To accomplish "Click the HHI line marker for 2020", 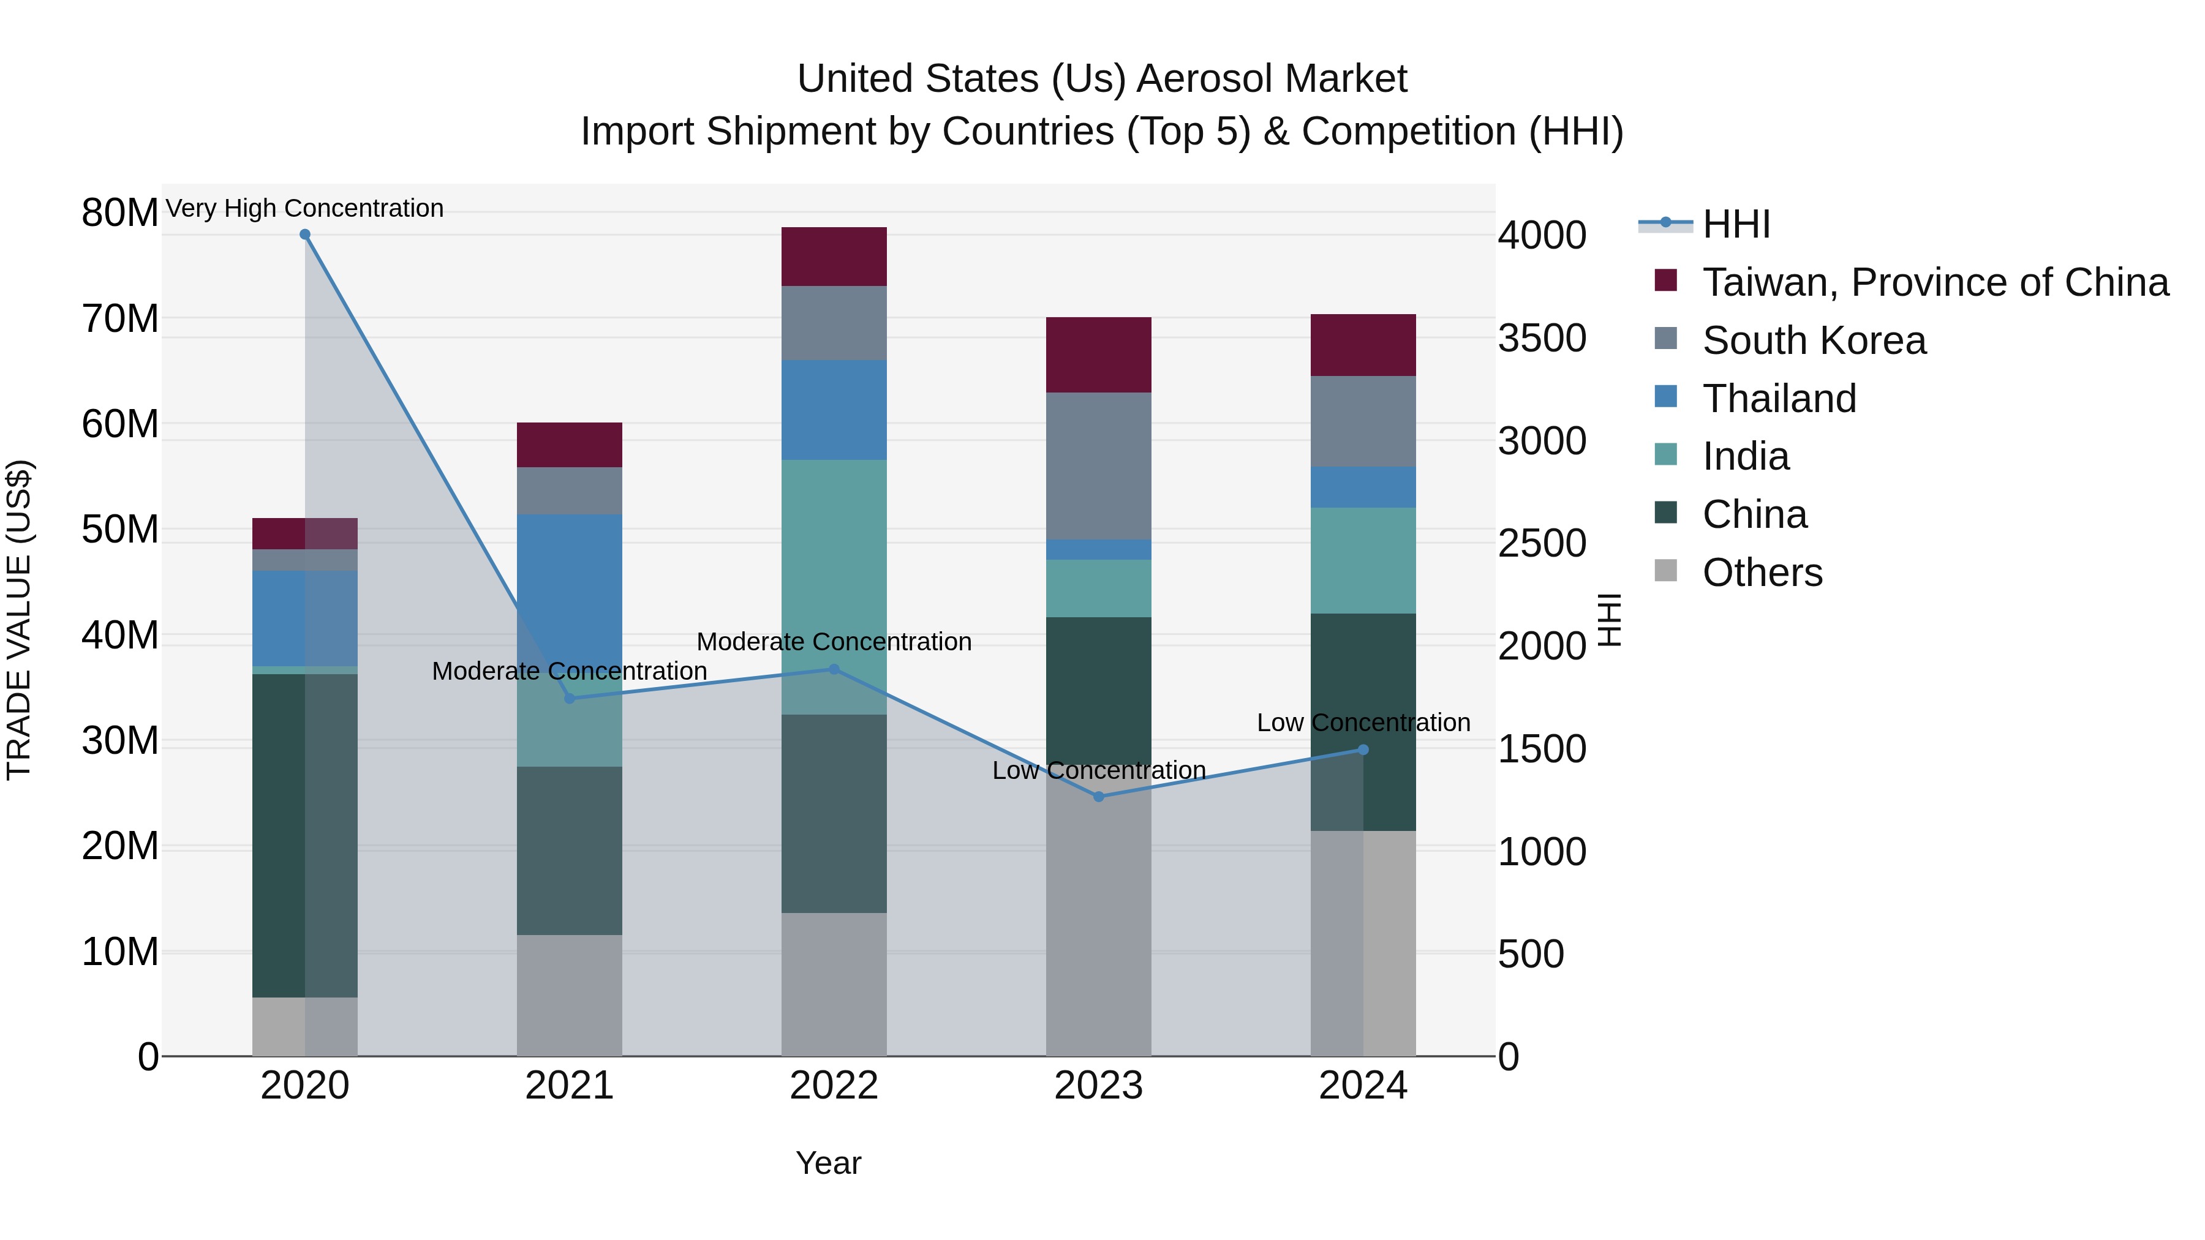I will coord(305,235).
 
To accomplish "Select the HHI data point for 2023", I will coord(1099,797).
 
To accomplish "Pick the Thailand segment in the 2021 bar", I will coord(569,582).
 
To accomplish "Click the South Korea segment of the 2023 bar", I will coord(1098,467).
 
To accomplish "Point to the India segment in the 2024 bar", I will coord(1363,560).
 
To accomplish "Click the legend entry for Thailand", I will coord(1779,399).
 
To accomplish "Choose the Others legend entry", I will coord(1762,573).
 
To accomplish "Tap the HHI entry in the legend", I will coord(1736,224).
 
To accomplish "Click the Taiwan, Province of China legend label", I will coord(1934,282).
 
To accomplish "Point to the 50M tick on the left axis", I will coord(120,530).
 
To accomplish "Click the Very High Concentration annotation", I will coord(305,208).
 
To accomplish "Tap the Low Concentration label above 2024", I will coord(1363,723).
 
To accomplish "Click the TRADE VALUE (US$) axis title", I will coord(19,620).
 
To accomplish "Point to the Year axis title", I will coord(827,1163).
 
